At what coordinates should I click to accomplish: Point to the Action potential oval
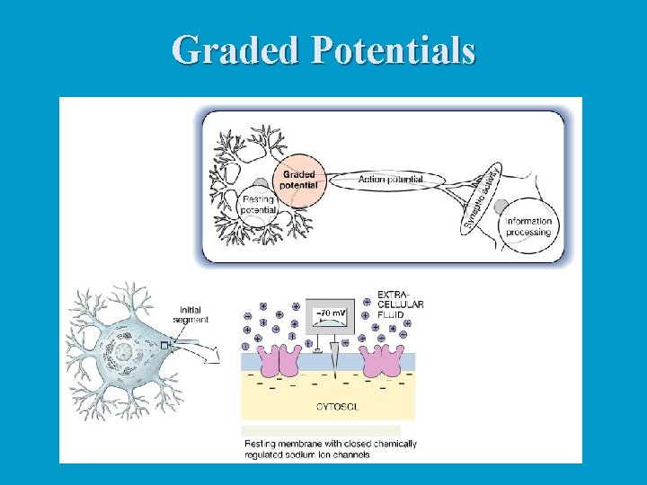390,180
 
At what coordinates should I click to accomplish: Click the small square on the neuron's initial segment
164,344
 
